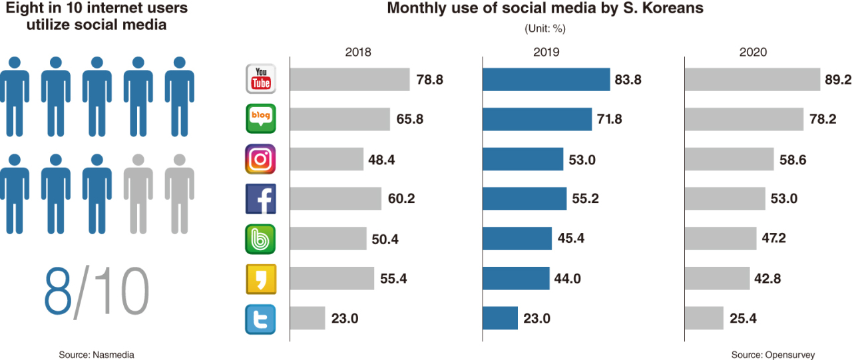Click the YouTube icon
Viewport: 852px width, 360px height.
pyautogui.click(x=260, y=79)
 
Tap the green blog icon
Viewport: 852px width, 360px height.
pyautogui.click(x=260, y=119)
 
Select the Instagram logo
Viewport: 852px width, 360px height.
pyautogui.click(x=260, y=159)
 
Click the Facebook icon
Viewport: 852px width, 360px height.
pyautogui.click(x=260, y=198)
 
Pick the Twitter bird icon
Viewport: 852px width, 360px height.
pyautogui.click(x=260, y=318)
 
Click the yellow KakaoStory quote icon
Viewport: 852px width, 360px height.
pyautogui.click(x=260, y=278)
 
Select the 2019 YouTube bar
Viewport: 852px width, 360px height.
pyautogui.click(x=546, y=80)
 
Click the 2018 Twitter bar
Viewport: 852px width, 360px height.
pyautogui.click(x=308, y=318)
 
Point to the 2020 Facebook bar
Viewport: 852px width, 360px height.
pyautogui.click(x=725, y=199)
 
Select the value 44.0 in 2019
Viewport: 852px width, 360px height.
pyautogui.click(x=568, y=279)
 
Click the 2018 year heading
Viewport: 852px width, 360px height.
pyautogui.click(x=358, y=53)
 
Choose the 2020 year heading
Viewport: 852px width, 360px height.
pyautogui.click(x=753, y=53)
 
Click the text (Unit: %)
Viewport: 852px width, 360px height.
pyautogui.click(x=545, y=29)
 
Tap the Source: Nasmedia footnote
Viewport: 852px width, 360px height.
pyautogui.click(x=97, y=355)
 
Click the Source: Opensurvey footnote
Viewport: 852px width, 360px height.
pyautogui.click(x=773, y=355)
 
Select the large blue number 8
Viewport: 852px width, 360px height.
pyautogui.click(x=59, y=292)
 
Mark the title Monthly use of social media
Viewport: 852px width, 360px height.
pyautogui.click(x=545, y=9)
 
